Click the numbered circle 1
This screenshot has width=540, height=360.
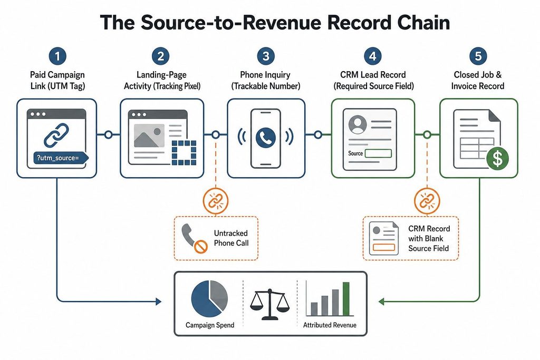tap(57, 56)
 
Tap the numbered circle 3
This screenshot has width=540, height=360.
tap(266, 56)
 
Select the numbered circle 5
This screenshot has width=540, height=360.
tap(478, 56)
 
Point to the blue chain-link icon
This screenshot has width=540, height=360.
tap(56, 135)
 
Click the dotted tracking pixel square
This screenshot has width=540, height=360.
tap(184, 152)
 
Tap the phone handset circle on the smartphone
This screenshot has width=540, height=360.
tap(266, 138)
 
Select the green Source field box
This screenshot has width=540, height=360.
tap(378, 153)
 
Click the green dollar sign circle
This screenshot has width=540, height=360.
tap(498, 158)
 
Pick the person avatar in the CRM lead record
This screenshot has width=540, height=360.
tap(358, 124)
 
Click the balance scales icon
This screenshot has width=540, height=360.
tap(269, 304)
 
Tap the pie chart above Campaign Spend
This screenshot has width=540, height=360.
tap(209, 298)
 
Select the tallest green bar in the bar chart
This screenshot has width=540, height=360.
tap(346, 299)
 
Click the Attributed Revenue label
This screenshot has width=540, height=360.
tap(330, 325)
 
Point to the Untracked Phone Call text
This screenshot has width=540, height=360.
tap(231, 238)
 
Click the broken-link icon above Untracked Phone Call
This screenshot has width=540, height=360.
tap(216, 201)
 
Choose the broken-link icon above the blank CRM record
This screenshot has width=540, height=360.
tap(427, 201)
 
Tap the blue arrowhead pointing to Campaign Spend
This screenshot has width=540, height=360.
tap(158, 301)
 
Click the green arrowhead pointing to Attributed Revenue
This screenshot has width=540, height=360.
tap(381, 301)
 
